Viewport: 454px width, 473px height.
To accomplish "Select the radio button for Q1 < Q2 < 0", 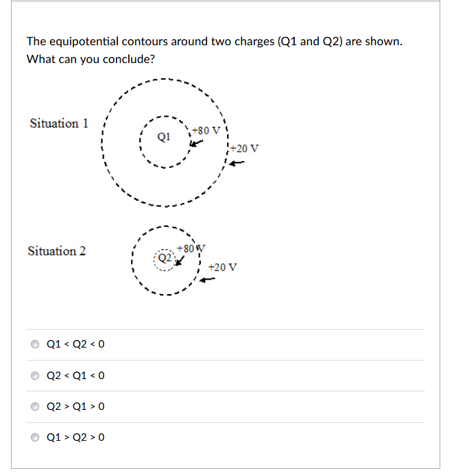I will [36, 344].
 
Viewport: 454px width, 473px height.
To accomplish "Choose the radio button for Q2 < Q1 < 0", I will [36, 376].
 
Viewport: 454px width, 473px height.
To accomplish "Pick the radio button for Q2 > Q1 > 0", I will [36, 407].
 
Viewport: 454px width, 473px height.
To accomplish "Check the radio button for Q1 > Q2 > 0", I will [36, 437].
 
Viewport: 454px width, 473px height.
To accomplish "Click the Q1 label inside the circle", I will [163, 136].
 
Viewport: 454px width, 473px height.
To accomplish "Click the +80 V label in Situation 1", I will [206, 130].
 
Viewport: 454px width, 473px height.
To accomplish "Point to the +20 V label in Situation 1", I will [244, 148].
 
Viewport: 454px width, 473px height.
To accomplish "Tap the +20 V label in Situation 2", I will [222, 267].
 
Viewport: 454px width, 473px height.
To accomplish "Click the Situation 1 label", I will [59, 123].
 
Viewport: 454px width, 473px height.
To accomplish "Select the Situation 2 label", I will [57, 251].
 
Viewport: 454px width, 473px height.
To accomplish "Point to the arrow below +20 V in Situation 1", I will [236, 163].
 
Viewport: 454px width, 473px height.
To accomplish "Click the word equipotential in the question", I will [88, 42].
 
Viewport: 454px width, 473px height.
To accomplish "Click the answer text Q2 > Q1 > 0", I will [75, 407].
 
